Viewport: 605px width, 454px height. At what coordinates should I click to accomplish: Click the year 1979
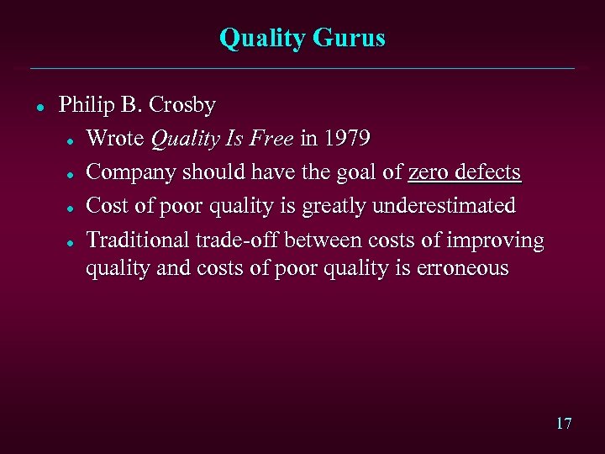click(x=347, y=138)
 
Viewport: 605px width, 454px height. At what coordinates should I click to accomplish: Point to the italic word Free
click(x=271, y=138)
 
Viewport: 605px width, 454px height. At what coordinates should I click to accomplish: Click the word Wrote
click(x=116, y=138)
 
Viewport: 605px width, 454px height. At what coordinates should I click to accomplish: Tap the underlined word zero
click(x=427, y=172)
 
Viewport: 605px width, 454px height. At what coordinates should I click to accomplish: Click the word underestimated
click(x=445, y=206)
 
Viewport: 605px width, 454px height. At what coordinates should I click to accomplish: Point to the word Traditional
click(x=138, y=240)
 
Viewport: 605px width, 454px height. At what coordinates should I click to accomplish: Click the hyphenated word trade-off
click(x=238, y=240)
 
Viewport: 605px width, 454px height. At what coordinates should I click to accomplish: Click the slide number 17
click(x=563, y=423)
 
